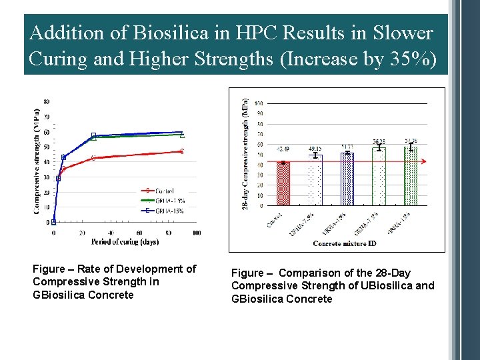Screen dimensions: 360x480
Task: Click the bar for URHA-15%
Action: pos(347,178)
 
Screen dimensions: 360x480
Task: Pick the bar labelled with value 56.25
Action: pos(379,175)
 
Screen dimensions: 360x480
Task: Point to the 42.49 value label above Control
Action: pos(283,157)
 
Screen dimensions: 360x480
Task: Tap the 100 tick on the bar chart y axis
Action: pos(258,103)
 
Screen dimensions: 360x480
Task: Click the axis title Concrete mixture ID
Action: pos(345,244)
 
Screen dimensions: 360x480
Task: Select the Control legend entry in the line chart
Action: pos(163,191)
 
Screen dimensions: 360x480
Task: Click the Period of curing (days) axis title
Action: pos(125,241)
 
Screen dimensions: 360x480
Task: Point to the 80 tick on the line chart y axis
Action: pos(47,101)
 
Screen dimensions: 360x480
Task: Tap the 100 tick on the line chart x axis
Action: pos(197,233)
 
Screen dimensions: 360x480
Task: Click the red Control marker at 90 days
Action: pos(181,151)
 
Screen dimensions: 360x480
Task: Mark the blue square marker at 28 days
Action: pos(94,135)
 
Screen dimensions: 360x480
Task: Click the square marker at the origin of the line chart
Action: pos(54,222)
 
